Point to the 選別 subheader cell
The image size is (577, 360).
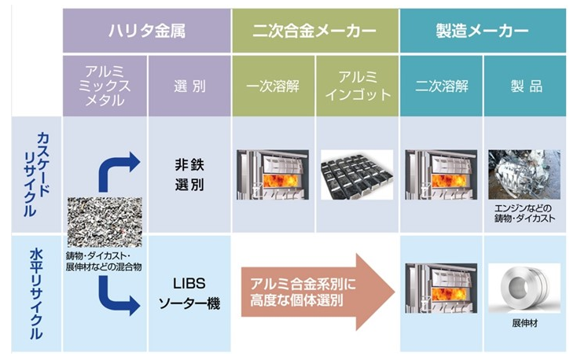[x=189, y=86]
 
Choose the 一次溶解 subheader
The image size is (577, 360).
[x=274, y=86]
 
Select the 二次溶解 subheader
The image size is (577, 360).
[x=440, y=86]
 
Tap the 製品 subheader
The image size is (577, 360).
[x=524, y=86]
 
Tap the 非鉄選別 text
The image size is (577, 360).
[x=189, y=175]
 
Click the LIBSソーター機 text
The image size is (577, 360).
[x=189, y=292]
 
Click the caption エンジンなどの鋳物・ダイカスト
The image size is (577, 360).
[x=524, y=213]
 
